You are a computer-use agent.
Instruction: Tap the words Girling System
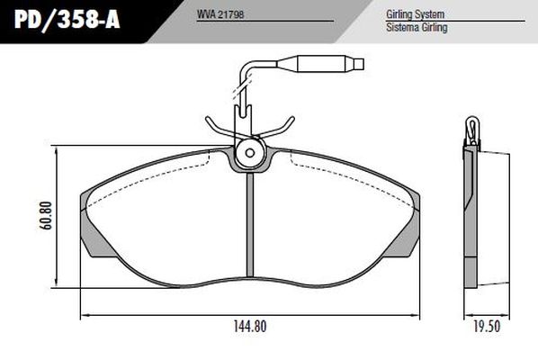(417, 15)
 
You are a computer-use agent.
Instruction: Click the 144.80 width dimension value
(249, 327)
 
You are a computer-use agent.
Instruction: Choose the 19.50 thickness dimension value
(486, 327)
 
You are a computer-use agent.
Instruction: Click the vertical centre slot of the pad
(248, 229)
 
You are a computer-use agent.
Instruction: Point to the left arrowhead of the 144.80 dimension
(85, 315)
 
